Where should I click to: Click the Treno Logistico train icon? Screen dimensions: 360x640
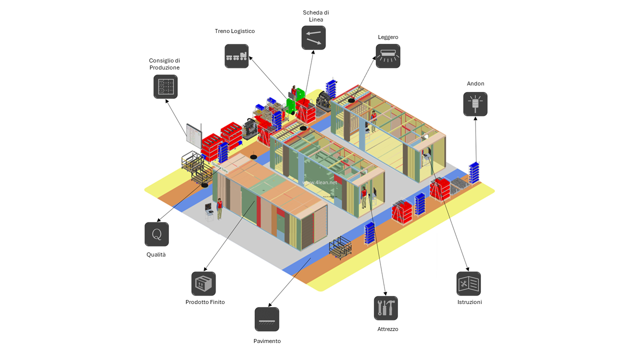pyautogui.click(x=236, y=56)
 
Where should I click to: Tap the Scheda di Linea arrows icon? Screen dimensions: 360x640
pyautogui.click(x=313, y=37)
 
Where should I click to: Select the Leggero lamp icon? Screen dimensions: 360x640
pyautogui.click(x=388, y=56)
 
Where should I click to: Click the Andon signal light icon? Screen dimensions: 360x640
pyautogui.click(x=475, y=104)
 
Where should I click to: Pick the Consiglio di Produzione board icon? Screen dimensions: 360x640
pyautogui.click(x=165, y=86)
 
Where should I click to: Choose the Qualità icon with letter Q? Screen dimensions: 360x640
pyautogui.click(x=156, y=234)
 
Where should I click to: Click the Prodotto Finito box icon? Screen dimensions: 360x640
pyautogui.click(x=203, y=283)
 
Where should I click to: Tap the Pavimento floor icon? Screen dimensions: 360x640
pyautogui.click(x=267, y=319)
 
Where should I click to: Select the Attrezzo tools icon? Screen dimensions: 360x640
pyautogui.click(x=386, y=308)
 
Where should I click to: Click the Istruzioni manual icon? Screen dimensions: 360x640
pyautogui.click(x=468, y=283)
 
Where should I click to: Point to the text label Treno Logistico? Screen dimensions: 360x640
pyautogui.click(x=235, y=31)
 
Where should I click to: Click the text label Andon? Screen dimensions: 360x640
pyautogui.click(x=475, y=83)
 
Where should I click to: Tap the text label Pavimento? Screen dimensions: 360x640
pyautogui.click(x=267, y=341)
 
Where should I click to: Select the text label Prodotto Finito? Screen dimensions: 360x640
pyautogui.click(x=205, y=302)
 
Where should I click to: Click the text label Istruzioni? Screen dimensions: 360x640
pyautogui.click(x=469, y=302)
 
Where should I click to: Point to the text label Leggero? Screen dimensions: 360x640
pyautogui.click(x=388, y=37)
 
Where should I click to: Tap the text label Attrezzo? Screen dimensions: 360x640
pyautogui.click(x=388, y=329)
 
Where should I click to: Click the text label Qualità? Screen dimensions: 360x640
pyautogui.click(x=156, y=254)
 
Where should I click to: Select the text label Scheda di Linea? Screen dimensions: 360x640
pyautogui.click(x=316, y=15)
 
